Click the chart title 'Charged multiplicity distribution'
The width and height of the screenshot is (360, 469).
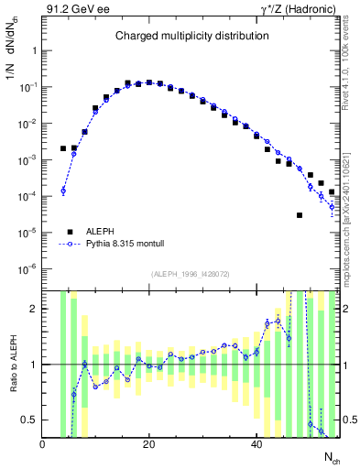click(x=191, y=37)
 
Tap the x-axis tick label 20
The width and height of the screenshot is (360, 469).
click(x=149, y=444)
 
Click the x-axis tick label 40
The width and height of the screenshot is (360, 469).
click(x=256, y=444)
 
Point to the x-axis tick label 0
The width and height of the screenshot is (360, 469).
click(x=43, y=444)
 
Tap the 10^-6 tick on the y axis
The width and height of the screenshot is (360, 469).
click(x=27, y=268)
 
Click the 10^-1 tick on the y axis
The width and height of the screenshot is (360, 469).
click(x=27, y=87)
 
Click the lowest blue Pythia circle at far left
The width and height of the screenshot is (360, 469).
click(x=63, y=191)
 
